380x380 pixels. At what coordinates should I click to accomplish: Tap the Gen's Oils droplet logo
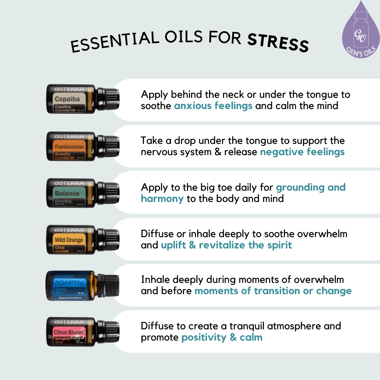[x=361, y=30]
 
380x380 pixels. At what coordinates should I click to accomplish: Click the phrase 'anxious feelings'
[x=213, y=106]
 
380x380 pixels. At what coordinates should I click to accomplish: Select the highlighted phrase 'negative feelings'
[x=302, y=152]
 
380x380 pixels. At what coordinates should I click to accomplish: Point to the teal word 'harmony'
[x=162, y=198]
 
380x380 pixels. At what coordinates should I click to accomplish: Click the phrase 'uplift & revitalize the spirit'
[x=226, y=245]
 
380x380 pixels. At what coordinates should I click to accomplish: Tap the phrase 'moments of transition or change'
[x=273, y=291]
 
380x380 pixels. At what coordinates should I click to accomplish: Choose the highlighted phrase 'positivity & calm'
[x=222, y=337]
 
